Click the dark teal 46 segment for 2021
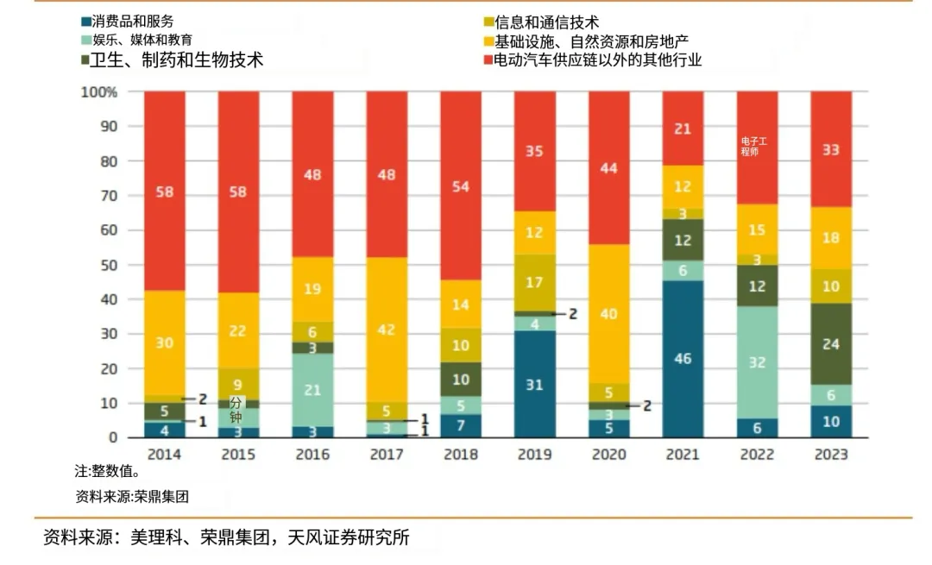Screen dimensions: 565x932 683,358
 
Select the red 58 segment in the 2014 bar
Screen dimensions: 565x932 164,191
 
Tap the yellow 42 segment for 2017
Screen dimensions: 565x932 387,330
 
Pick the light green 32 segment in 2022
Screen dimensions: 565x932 757,362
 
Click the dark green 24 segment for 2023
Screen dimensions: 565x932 831,343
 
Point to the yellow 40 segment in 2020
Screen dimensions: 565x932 608,314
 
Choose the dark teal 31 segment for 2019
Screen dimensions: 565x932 534,385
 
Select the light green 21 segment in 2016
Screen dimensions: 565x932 312,390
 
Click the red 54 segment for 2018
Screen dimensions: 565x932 461,186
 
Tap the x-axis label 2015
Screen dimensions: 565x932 238,455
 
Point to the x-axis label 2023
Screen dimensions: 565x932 831,455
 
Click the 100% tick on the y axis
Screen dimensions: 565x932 98,92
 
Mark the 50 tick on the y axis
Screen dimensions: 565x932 109,265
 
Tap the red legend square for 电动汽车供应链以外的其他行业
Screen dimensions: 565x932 488,60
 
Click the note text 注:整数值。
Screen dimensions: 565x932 107,472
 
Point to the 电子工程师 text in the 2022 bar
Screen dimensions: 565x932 753,146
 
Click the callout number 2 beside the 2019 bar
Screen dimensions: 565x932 572,314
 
